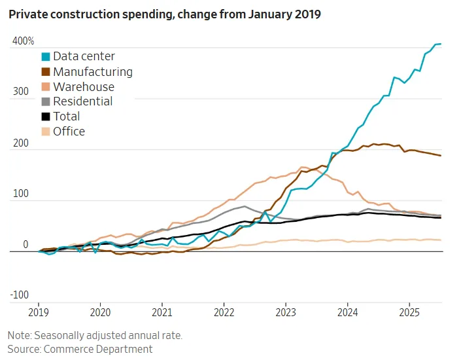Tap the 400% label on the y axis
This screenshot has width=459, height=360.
(x=23, y=42)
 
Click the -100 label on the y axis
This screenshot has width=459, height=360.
(x=19, y=295)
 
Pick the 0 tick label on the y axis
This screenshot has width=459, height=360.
(x=26, y=245)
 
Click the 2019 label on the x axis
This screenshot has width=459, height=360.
(x=39, y=313)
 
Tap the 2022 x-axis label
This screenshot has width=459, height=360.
(x=224, y=313)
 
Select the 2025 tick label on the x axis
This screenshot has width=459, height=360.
(x=409, y=313)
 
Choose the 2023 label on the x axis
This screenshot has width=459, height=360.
(x=285, y=313)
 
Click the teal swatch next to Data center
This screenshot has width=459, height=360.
(x=45, y=57)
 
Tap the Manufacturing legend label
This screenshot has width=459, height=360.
(x=92, y=71)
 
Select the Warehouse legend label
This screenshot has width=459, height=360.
(x=83, y=86)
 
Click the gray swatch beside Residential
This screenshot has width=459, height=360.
(x=45, y=101)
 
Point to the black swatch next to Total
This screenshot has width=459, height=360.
(x=45, y=117)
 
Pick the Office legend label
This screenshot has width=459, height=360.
(x=69, y=131)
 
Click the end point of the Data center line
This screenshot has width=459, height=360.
(x=441, y=44)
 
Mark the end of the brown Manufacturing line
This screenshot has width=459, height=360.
(x=441, y=156)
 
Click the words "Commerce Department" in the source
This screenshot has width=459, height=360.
(x=98, y=349)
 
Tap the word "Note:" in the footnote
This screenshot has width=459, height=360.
(x=20, y=335)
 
